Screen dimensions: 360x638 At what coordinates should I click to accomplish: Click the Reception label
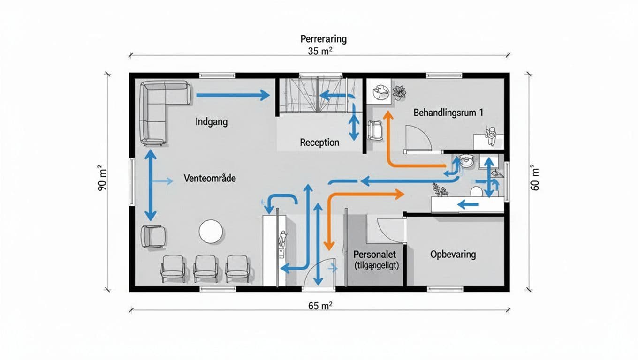[319, 142]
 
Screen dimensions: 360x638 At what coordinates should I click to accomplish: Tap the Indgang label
[211, 122]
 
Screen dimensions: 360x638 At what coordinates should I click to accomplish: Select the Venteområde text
[209, 179]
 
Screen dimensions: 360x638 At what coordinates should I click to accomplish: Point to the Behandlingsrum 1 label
[448, 113]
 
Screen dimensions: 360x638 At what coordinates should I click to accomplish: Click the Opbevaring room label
[453, 255]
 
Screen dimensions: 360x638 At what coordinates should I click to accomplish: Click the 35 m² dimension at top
[320, 51]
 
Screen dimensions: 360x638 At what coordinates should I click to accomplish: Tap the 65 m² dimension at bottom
[320, 306]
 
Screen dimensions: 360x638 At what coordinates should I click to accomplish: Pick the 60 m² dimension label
[535, 179]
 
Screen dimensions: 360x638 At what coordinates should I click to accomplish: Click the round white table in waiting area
[211, 232]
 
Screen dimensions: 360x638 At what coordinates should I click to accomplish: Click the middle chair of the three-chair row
[205, 268]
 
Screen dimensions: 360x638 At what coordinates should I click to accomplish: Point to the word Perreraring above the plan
[323, 38]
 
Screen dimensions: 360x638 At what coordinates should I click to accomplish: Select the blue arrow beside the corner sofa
[232, 96]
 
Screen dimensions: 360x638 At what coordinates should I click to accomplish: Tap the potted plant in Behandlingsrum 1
[399, 92]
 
